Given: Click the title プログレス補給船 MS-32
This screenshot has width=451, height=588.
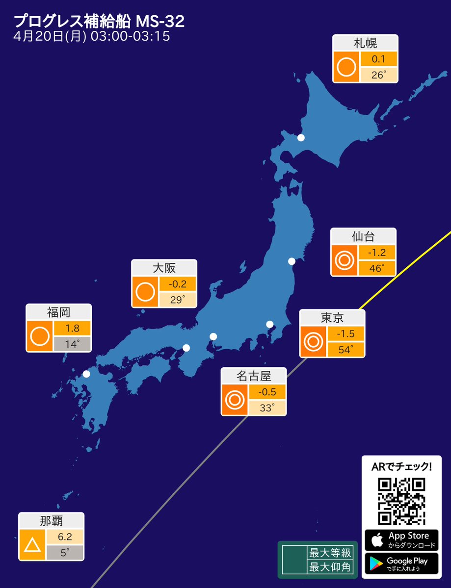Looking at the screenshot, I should [x=99, y=21].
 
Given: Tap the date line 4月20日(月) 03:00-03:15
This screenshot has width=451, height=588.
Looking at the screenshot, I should [x=92, y=37].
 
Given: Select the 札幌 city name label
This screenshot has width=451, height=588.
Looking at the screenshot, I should [x=365, y=43].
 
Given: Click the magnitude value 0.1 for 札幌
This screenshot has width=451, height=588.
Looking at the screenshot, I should [x=378, y=59].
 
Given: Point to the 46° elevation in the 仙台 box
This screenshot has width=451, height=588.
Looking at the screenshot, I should [x=376, y=268].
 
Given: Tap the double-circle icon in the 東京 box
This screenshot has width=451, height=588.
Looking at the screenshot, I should [x=313, y=341].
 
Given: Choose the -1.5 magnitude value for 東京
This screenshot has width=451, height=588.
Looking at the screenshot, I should [x=345, y=334].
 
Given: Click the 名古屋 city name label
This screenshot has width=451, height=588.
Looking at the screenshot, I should [x=253, y=376].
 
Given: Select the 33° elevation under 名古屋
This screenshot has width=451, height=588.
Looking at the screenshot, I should [x=267, y=408].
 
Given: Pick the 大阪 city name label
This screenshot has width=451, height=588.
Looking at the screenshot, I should [x=164, y=268].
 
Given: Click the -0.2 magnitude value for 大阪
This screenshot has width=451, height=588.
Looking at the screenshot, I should [x=177, y=283].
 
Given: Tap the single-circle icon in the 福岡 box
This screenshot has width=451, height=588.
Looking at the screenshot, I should [x=40, y=336].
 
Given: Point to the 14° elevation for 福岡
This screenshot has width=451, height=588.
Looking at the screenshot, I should [x=72, y=344].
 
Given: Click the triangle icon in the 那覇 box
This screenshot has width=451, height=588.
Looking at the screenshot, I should [x=32, y=545].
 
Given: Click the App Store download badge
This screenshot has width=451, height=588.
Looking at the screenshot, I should [x=401, y=540].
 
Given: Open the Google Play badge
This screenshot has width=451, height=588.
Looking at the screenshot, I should [x=401, y=563].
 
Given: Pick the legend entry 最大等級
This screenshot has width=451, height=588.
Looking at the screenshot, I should [x=330, y=553].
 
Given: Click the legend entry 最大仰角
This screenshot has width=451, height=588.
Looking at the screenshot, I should [x=330, y=567].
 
